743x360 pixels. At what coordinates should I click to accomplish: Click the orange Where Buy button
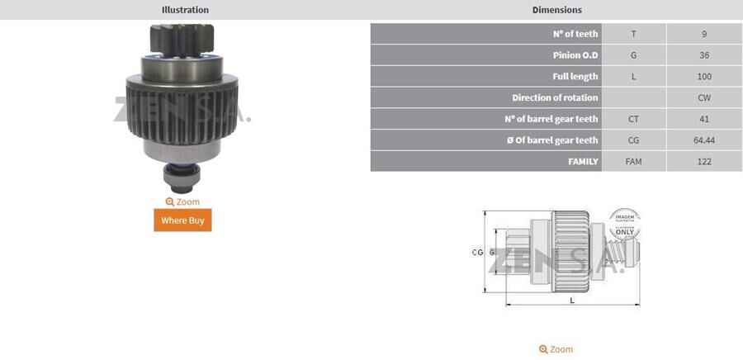click(182, 220)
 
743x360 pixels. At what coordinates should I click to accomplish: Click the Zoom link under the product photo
click(182, 201)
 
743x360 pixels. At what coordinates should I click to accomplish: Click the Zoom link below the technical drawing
click(556, 349)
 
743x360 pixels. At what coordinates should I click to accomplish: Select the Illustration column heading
click(185, 10)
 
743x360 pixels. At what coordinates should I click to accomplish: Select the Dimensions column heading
click(556, 10)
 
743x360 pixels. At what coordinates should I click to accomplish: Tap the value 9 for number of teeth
click(703, 34)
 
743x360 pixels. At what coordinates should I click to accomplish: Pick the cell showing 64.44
click(703, 140)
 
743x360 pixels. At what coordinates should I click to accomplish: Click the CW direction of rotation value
click(703, 97)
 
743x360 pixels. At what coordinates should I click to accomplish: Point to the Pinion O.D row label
click(575, 55)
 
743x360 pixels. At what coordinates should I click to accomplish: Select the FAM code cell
click(633, 162)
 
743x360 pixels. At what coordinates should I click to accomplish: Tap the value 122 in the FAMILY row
click(703, 162)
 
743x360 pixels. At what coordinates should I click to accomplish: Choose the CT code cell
click(633, 119)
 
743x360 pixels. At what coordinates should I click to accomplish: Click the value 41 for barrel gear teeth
click(703, 119)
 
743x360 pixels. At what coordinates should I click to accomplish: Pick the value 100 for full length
click(703, 77)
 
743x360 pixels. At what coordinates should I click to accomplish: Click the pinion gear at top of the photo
click(182, 39)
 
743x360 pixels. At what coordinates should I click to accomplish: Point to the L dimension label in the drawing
click(572, 301)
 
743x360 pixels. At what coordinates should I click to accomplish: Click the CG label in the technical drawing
click(477, 252)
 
